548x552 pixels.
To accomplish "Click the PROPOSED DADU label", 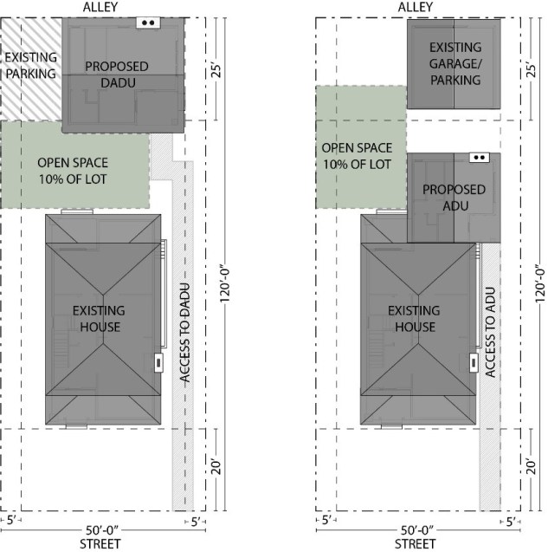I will click(116, 74).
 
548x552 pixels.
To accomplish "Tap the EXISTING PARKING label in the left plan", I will click(30, 65).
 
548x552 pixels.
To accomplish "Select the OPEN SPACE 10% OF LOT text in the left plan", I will click(74, 169).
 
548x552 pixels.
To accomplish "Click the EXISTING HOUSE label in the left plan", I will click(99, 318).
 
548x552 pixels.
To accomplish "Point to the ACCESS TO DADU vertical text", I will click(184, 331).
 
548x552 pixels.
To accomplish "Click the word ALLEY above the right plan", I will click(415, 7).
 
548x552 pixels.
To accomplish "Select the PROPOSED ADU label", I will click(454, 197).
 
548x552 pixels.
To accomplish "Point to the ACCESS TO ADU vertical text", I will click(491, 331).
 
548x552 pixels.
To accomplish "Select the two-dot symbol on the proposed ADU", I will click(479, 158).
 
